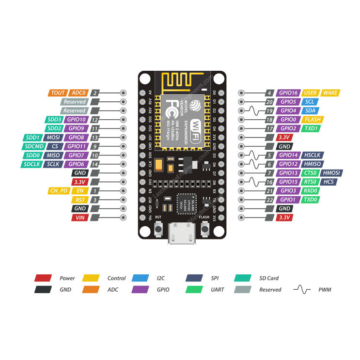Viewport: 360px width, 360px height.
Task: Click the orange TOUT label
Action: pyautogui.click(x=58, y=93)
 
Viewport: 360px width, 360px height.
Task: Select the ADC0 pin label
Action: pyautogui.click(x=78, y=93)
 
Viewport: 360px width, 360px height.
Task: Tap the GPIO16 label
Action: pyautogui.click(x=288, y=93)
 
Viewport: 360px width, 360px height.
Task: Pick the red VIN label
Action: pyautogui.click(x=79, y=218)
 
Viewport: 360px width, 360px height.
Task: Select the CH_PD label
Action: pyautogui.click(x=58, y=191)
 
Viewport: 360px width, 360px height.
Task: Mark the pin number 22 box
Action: pyautogui.click(x=269, y=200)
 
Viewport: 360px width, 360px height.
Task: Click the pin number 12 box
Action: pyautogui.click(x=95, y=120)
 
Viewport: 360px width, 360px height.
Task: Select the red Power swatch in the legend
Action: pyautogui.click(x=43, y=278)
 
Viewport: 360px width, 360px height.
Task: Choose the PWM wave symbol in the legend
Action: pyautogui.click(x=301, y=290)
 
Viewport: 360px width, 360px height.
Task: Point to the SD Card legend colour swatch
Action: pyautogui.click(x=243, y=278)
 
